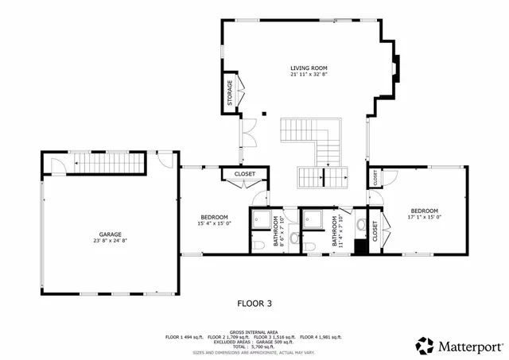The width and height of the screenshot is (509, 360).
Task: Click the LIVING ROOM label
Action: click(309, 68)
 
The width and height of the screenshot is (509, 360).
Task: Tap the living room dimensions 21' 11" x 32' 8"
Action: click(309, 75)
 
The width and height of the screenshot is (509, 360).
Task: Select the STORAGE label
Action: click(230, 94)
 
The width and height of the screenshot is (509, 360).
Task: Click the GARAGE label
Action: click(111, 234)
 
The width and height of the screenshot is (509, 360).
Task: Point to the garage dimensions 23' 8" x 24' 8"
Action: click(111, 242)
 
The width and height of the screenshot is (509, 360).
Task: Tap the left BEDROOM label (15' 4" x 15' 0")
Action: click(214, 217)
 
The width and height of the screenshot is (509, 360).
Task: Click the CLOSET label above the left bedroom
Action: click(244, 173)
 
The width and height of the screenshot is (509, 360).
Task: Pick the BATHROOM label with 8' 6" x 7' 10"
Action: click(276, 230)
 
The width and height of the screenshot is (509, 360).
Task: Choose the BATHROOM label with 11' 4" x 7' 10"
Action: click(334, 230)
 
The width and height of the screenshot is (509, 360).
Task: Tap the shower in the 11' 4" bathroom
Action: click(316, 220)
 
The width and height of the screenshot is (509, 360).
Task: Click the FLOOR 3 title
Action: click(254, 303)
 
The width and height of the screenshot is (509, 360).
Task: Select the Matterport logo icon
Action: click(425, 346)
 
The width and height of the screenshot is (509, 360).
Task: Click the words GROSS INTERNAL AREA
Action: click(254, 331)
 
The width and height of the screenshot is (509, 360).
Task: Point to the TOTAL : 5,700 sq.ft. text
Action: click(254, 347)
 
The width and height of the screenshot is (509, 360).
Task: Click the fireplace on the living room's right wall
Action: click(395, 70)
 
